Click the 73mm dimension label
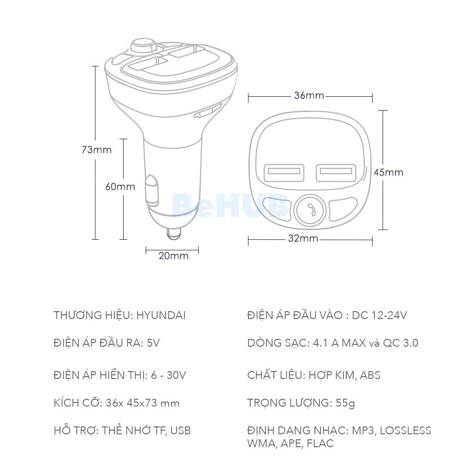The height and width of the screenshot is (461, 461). click(96, 150)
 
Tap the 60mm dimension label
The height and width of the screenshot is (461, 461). click(120, 187)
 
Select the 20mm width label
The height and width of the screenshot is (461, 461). click(173, 256)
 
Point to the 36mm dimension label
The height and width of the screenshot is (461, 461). click(309, 96)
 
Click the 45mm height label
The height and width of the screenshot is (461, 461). click(388, 172)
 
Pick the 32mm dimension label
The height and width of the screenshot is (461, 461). click(303, 239)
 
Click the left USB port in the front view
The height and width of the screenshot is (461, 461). click(284, 173)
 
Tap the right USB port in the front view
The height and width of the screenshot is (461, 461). click(336, 173)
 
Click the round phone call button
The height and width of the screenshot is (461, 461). click(310, 210)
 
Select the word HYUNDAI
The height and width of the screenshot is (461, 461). click(161, 316)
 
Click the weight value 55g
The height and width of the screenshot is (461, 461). click(345, 403)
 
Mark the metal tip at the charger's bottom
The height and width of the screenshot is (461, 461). click(173, 233)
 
